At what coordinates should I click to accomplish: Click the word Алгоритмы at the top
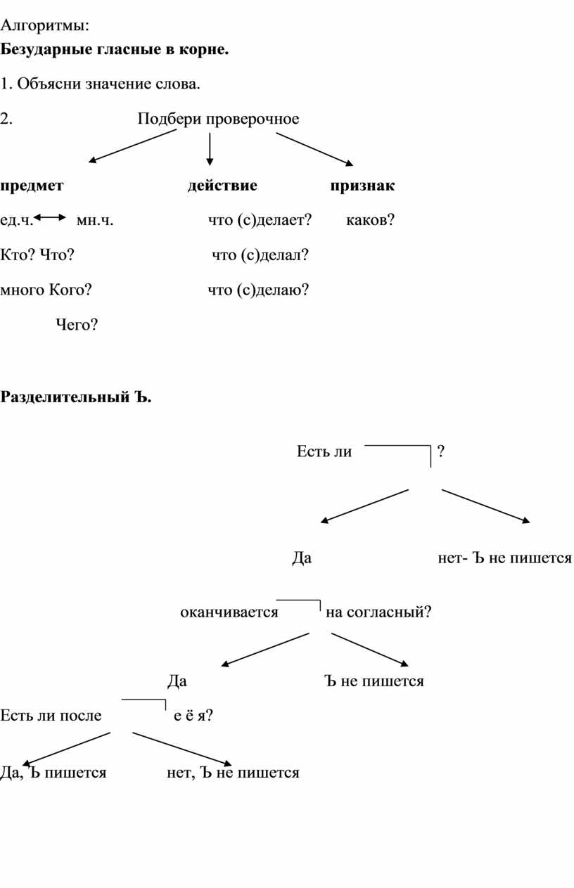pyautogui.click(x=44, y=27)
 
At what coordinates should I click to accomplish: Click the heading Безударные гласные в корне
pyautogui.click(x=115, y=49)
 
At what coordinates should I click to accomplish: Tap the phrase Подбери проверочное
pyautogui.click(x=218, y=119)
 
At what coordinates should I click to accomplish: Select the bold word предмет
pyautogui.click(x=32, y=186)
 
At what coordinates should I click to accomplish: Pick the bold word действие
pyautogui.click(x=222, y=186)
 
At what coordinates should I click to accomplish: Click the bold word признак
pyautogui.click(x=362, y=186)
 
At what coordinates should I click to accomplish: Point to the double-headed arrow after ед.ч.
pyautogui.click(x=50, y=217)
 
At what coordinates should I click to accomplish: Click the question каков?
pyautogui.click(x=371, y=220)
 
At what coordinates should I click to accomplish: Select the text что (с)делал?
pyautogui.click(x=260, y=255)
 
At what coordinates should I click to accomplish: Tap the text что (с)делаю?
pyautogui.click(x=258, y=290)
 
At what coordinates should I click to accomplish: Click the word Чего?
pyautogui.click(x=77, y=325)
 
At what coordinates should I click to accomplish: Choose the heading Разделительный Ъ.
pyautogui.click(x=76, y=397)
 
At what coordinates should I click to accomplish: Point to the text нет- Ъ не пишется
pyautogui.click(x=504, y=558)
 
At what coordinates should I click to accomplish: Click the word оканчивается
pyautogui.click(x=229, y=612)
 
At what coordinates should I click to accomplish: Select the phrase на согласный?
pyautogui.click(x=378, y=612)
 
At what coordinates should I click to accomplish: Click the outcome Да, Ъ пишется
pyautogui.click(x=53, y=773)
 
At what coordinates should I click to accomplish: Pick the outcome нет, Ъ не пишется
pyautogui.click(x=233, y=773)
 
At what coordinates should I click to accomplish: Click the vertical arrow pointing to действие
pyautogui.click(x=210, y=149)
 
